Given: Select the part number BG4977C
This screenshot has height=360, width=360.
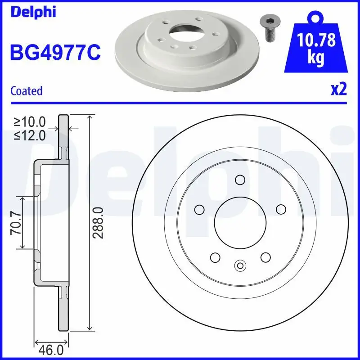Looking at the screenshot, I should pos(54,53).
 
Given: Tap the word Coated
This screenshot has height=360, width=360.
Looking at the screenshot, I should pos(26,90).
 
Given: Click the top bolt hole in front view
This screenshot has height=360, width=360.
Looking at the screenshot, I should pos(240,180).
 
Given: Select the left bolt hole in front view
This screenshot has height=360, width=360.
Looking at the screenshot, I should pos(198,210).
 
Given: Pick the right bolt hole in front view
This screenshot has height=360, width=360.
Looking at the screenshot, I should pos(281,209).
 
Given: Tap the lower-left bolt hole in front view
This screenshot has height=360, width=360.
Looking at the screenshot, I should pos(215,257).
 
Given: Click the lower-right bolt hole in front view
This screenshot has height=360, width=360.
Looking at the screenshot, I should pos(265,257).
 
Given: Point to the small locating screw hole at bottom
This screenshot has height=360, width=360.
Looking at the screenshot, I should pos(240,265).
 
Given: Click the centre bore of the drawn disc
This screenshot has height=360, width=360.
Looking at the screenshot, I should pos(240,222).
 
